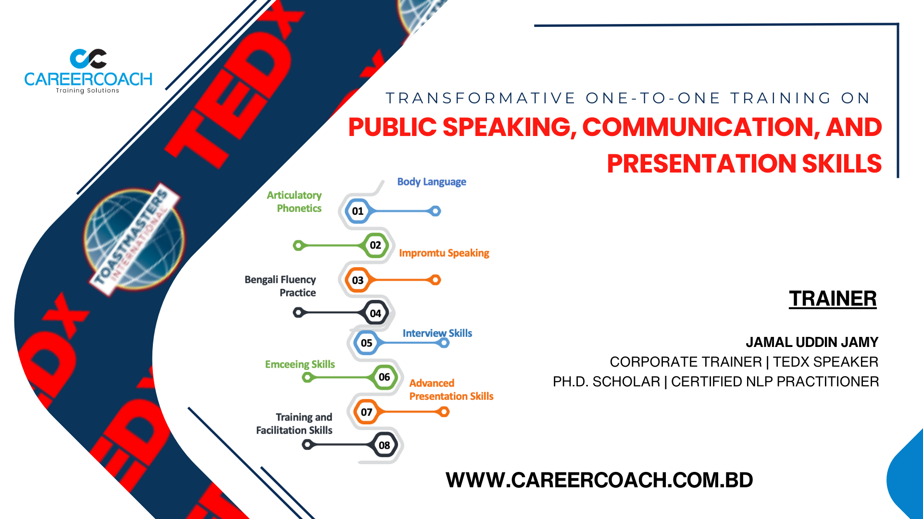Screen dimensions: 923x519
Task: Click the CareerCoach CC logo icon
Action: pos(88,59)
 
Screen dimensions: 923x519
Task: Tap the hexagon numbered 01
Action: pos(358,211)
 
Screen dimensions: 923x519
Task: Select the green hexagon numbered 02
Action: pos(375,245)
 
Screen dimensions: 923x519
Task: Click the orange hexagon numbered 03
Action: pos(358,280)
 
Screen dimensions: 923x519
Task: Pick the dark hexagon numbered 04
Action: pos(375,313)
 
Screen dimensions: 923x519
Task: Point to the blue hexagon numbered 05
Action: pos(366,343)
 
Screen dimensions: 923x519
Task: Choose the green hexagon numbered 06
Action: pos(385,377)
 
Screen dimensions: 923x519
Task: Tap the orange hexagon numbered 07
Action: pos(366,412)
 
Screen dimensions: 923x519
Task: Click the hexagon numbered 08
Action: pos(385,445)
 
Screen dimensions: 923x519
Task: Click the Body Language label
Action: pos(432,182)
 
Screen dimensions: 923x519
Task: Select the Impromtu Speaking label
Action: pos(444,253)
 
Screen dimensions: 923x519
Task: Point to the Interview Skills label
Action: pos(437,333)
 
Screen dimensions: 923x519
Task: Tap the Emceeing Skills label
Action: pos(300,364)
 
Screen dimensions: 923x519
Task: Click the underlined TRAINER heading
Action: pos(833,299)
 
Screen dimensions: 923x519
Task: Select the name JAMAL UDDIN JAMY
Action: pos(812,342)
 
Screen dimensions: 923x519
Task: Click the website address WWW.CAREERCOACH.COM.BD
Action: pos(599,480)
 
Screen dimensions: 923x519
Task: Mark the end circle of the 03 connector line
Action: pos(436,280)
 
